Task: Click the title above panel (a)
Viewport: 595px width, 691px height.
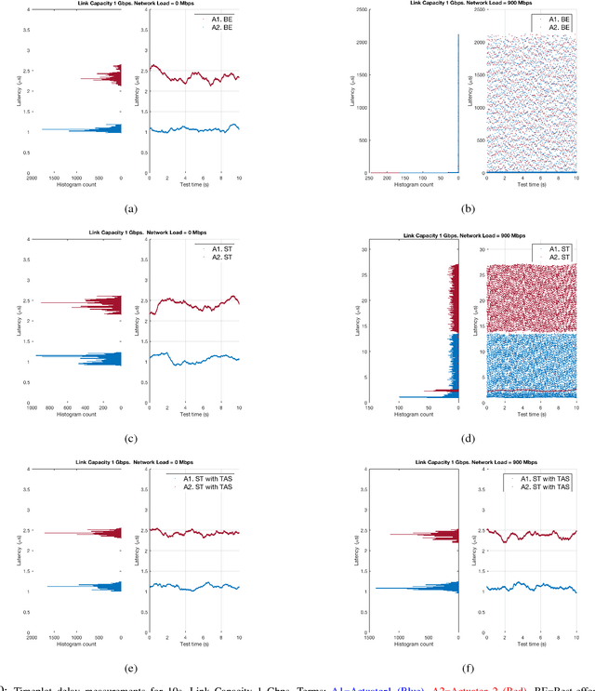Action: coord(129,4)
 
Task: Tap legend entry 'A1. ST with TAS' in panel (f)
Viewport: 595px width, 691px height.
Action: coord(549,477)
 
